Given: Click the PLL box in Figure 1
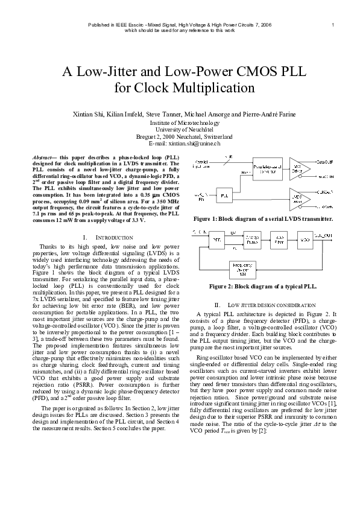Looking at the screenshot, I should [224, 196].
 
